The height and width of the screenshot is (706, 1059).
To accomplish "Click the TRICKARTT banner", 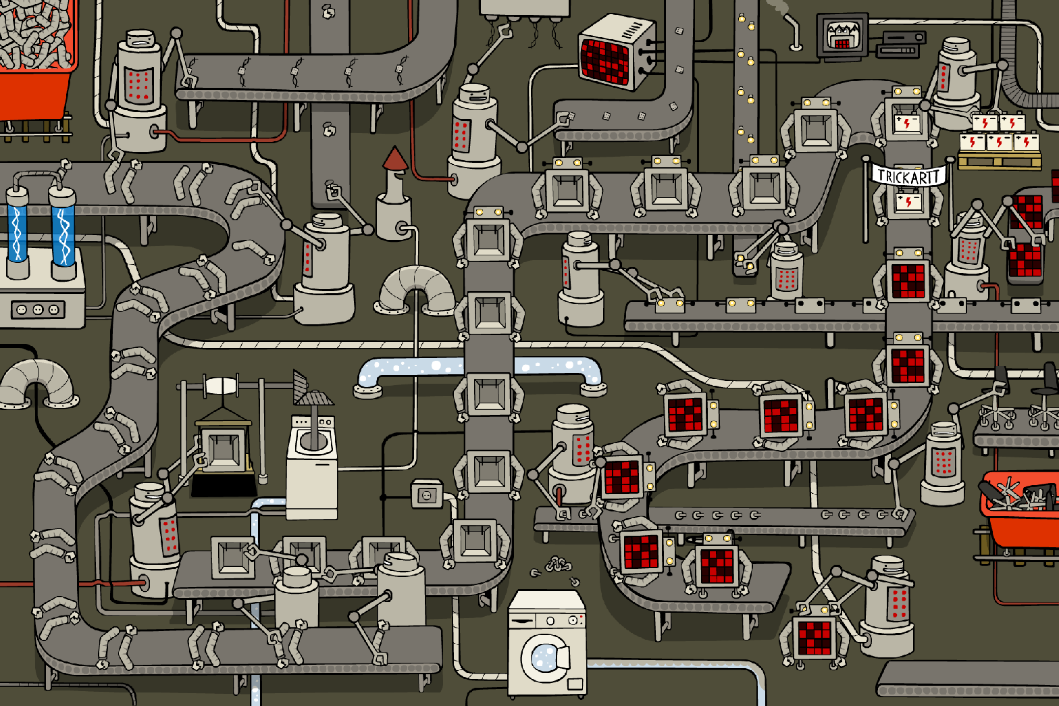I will pyautogui.click(x=908, y=176).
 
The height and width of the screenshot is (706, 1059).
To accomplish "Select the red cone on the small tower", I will pyautogui.click(x=395, y=159).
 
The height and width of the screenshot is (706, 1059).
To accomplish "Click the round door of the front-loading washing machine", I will pyautogui.click(x=543, y=655).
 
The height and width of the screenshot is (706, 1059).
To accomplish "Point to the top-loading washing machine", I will pyautogui.click(x=312, y=466).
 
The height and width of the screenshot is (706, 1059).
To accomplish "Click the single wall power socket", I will pyautogui.click(x=426, y=495).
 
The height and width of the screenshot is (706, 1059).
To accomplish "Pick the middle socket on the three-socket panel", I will pyautogui.click(x=38, y=309).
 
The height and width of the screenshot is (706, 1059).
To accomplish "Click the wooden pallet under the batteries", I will pyautogui.click(x=999, y=161).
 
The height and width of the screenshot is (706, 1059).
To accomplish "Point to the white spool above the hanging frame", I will pyautogui.click(x=220, y=386).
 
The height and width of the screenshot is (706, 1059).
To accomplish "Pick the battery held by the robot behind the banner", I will pyautogui.click(x=908, y=200).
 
